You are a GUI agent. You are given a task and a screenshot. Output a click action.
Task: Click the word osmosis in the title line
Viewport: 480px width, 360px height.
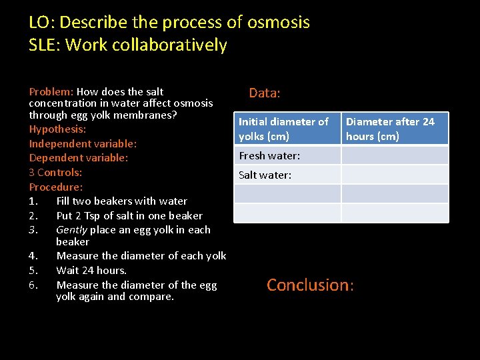point(278,22)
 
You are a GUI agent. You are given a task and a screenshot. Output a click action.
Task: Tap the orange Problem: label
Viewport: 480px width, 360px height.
point(51,91)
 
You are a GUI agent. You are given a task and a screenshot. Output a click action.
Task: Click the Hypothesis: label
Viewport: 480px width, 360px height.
point(57,129)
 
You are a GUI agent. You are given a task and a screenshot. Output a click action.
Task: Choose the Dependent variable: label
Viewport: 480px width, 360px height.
point(78,158)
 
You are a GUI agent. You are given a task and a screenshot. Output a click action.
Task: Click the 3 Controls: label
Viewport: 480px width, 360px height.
point(55,172)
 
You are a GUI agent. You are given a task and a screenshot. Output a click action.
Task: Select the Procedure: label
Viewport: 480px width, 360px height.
point(56,187)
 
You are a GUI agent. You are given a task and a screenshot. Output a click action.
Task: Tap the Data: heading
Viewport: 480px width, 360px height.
point(265,93)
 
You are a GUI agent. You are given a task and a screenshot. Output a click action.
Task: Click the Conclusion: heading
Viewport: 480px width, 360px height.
point(310,285)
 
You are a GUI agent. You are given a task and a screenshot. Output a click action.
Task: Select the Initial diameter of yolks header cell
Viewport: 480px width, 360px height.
point(287,129)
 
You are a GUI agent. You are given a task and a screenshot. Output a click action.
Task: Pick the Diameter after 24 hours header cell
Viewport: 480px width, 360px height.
point(395,129)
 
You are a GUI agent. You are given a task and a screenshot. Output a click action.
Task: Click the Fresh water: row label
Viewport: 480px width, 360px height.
point(287,155)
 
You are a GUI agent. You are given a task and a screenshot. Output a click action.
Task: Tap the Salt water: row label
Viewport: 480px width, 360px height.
point(287,175)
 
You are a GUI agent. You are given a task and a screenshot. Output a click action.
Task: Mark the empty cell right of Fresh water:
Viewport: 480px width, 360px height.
point(395,155)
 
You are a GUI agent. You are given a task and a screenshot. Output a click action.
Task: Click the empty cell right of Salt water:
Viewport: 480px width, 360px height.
point(395,175)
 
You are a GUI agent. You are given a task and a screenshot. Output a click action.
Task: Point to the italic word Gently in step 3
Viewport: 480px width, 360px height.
point(71,229)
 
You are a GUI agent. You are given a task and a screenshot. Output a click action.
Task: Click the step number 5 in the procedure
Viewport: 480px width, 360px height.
point(33,270)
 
